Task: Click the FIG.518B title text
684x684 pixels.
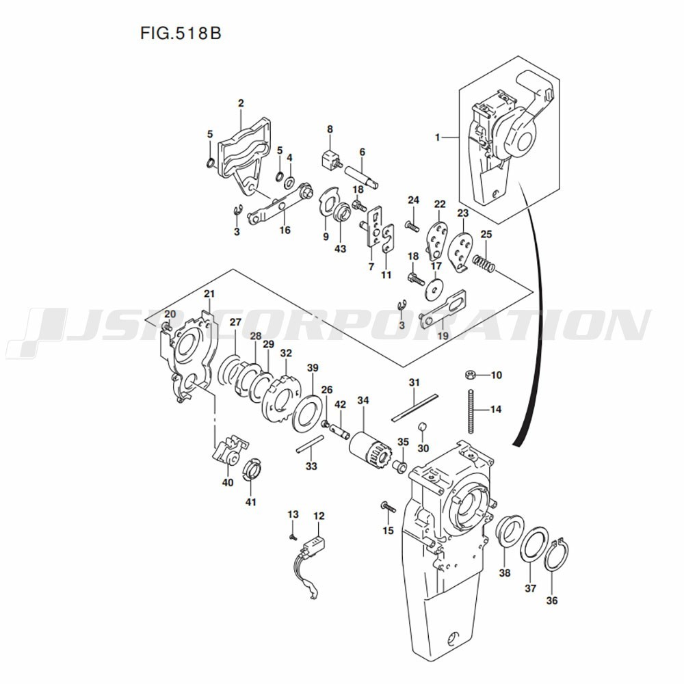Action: click(x=181, y=34)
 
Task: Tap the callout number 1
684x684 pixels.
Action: click(x=438, y=138)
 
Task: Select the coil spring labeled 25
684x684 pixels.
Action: click(x=484, y=263)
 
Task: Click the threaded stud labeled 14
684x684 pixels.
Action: click(x=471, y=411)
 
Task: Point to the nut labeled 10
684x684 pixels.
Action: click(x=471, y=374)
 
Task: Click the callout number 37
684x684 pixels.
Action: click(x=530, y=588)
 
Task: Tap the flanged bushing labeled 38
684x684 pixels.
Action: click(x=510, y=533)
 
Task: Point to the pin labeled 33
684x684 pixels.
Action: click(x=310, y=444)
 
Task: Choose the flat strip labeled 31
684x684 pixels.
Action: click(x=414, y=408)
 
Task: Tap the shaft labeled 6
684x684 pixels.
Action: click(x=362, y=176)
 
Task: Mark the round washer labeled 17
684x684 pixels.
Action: click(x=434, y=289)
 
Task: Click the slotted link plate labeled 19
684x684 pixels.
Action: click(x=443, y=308)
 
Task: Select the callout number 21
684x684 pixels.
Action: click(x=209, y=294)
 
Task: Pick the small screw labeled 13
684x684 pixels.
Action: click(x=293, y=537)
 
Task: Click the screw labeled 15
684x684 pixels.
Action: click(x=389, y=507)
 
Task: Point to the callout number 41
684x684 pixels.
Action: click(x=250, y=502)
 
